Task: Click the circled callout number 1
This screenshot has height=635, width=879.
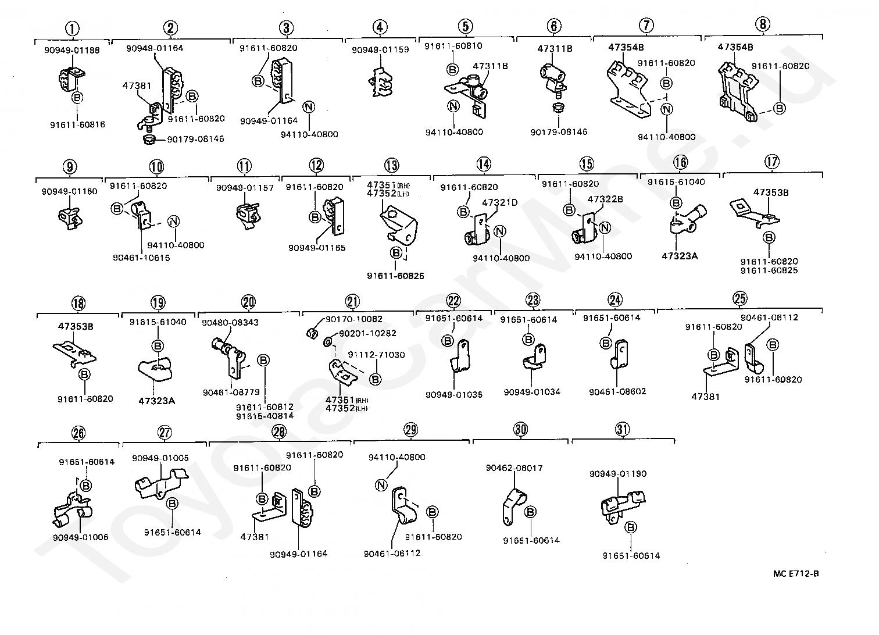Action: (72, 28)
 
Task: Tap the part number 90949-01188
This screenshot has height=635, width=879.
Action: (72, 50)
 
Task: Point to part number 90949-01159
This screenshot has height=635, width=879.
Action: (380, 50)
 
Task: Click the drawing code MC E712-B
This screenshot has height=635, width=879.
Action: (796, 574)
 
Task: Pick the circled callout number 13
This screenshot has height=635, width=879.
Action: (391, 166)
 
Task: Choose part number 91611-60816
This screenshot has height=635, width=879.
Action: (77, 124)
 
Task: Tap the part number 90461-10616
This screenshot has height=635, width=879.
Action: (141, 258)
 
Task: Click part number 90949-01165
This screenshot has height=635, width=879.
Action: (317, 248)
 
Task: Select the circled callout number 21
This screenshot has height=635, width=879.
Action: (352, 302)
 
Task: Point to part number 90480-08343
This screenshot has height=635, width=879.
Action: (230, 322)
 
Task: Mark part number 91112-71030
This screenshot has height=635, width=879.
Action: (376, 355)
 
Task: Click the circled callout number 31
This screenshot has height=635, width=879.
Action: (622, 430)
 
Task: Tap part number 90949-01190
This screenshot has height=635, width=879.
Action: (617, 474)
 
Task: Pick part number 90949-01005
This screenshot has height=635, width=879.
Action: (160, 458)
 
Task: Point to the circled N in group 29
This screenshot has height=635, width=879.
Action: (381, 486)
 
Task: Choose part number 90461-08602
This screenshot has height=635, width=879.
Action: (617, 392)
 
